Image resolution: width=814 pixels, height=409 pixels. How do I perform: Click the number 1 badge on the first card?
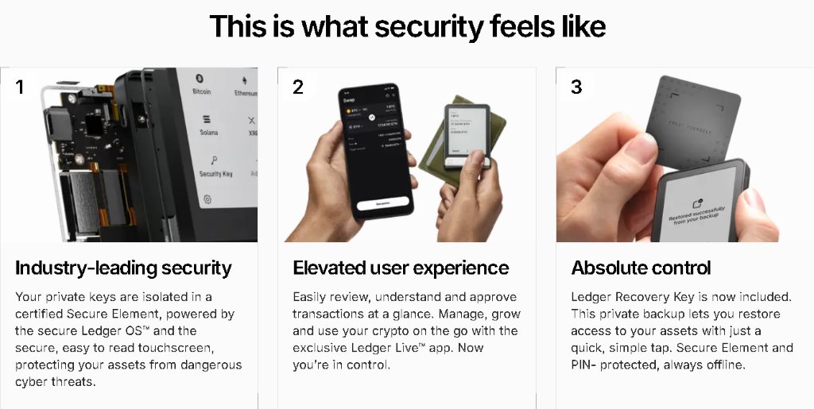click(x=19, y=87)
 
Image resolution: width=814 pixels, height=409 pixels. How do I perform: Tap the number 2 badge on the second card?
click(x=298, y=87)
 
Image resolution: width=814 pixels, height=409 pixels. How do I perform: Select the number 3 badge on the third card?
click(x=576, y=87)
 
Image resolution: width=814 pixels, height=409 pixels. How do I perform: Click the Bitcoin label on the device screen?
click(x=202, y=92)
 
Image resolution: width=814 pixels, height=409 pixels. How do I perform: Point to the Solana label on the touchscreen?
click(x=208, y=133)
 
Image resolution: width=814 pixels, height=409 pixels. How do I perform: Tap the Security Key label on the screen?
click(x=215, y=174)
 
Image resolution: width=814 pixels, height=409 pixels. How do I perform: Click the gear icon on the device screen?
click(x=207, y=199)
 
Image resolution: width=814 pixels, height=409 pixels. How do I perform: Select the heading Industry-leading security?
click(x=123, y=268)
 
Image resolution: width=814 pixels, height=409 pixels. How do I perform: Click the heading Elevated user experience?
click(x=401, y=268)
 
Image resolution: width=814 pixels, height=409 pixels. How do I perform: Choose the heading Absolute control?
click(x=642, y=268)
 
